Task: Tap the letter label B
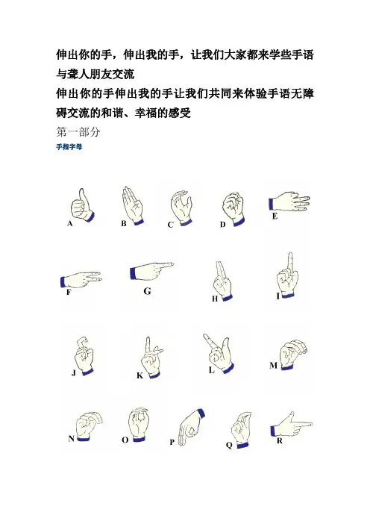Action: tap(124, 224)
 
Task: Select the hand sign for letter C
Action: tap(181, 208)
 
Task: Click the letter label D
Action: tap(223, 225)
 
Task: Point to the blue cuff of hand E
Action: tap(271, 205)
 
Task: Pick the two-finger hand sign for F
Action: tap(81, 280)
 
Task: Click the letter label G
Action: tap(147, 291)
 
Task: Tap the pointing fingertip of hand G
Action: tap(172, 264)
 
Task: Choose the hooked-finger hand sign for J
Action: tap(84, 356)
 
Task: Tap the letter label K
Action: tap(140, 375)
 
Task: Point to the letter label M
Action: tap(274, 366)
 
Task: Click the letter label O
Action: tap(125, 440)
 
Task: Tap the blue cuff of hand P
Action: tap(201, 414)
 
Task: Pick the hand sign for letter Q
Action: tap(242, 429)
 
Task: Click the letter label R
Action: tap(280, 441)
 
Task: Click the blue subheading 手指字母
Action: tap(69, 147)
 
